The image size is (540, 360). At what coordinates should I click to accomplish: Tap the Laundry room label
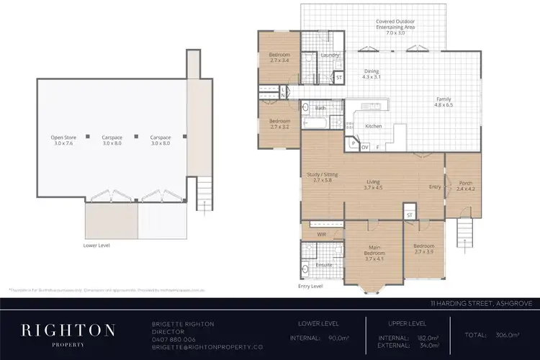pos(330,55)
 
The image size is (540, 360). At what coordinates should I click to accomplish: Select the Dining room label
pos(371,71)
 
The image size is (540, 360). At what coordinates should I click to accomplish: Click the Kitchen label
pos(373,126)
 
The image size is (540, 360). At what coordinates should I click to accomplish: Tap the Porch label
pos(466,184)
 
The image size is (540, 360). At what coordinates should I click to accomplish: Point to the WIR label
pos(322,233)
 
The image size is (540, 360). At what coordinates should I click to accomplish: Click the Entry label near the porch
pos(434,186)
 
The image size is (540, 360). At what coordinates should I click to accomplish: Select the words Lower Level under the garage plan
pos(97,246)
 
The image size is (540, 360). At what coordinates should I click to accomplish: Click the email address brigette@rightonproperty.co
pos(202,346)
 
